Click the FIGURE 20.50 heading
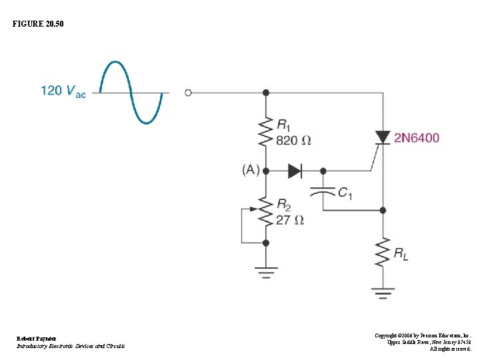coord(39,24)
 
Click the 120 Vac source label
coord(63,91)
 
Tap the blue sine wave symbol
coord(131,92)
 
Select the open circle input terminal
coord(188,93)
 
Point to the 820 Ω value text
coord(293,141)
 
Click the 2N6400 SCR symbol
coord(383,138)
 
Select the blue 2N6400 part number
coord(417,138)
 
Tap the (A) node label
coord(251,171)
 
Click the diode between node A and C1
coord(295,171)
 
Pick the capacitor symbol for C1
coord(323,191)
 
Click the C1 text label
coord(345,193)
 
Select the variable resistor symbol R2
coord(266,212)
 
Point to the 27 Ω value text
coord(290,220)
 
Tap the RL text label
coord(402,253)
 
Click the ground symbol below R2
coord(266,271)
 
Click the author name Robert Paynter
coord(37,339)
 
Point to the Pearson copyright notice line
coord(423,335)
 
